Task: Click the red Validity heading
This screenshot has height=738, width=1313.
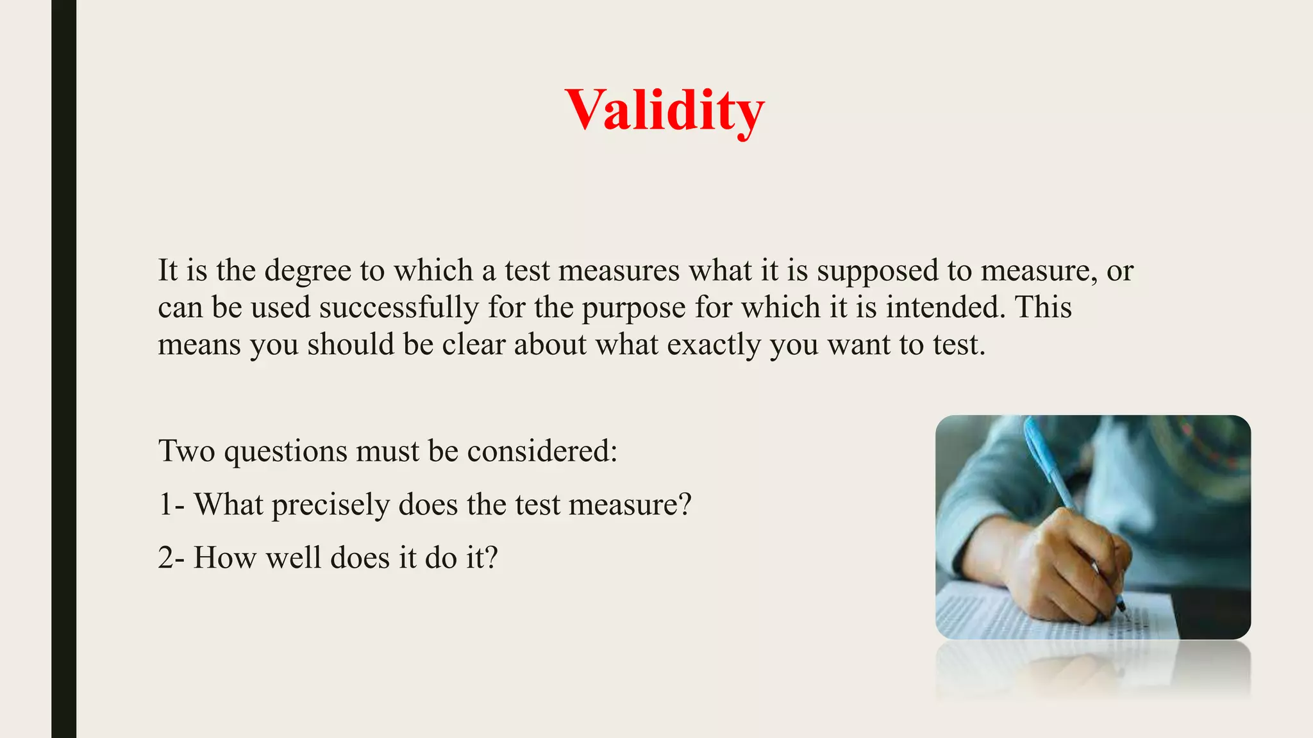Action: click(x=664, y=110)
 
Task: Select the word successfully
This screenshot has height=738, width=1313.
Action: click(x=399, y=307)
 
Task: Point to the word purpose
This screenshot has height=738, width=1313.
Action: click(x=634, y=308)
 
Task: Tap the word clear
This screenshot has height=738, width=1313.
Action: click(x=474, y=345)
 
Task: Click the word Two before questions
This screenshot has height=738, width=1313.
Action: click(x=187, y=451)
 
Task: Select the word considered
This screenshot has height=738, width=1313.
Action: click(x=542, y=451)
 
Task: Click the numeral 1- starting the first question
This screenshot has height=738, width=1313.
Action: click(x=171, y=505)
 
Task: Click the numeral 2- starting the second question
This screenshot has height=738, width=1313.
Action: click(x=171, y=558)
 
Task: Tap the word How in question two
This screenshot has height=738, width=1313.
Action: click(x=225, y=558)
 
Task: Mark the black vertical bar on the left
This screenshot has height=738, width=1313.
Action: click(x=63, y=369)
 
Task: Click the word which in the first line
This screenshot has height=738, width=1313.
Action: click(x=433, y=271)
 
